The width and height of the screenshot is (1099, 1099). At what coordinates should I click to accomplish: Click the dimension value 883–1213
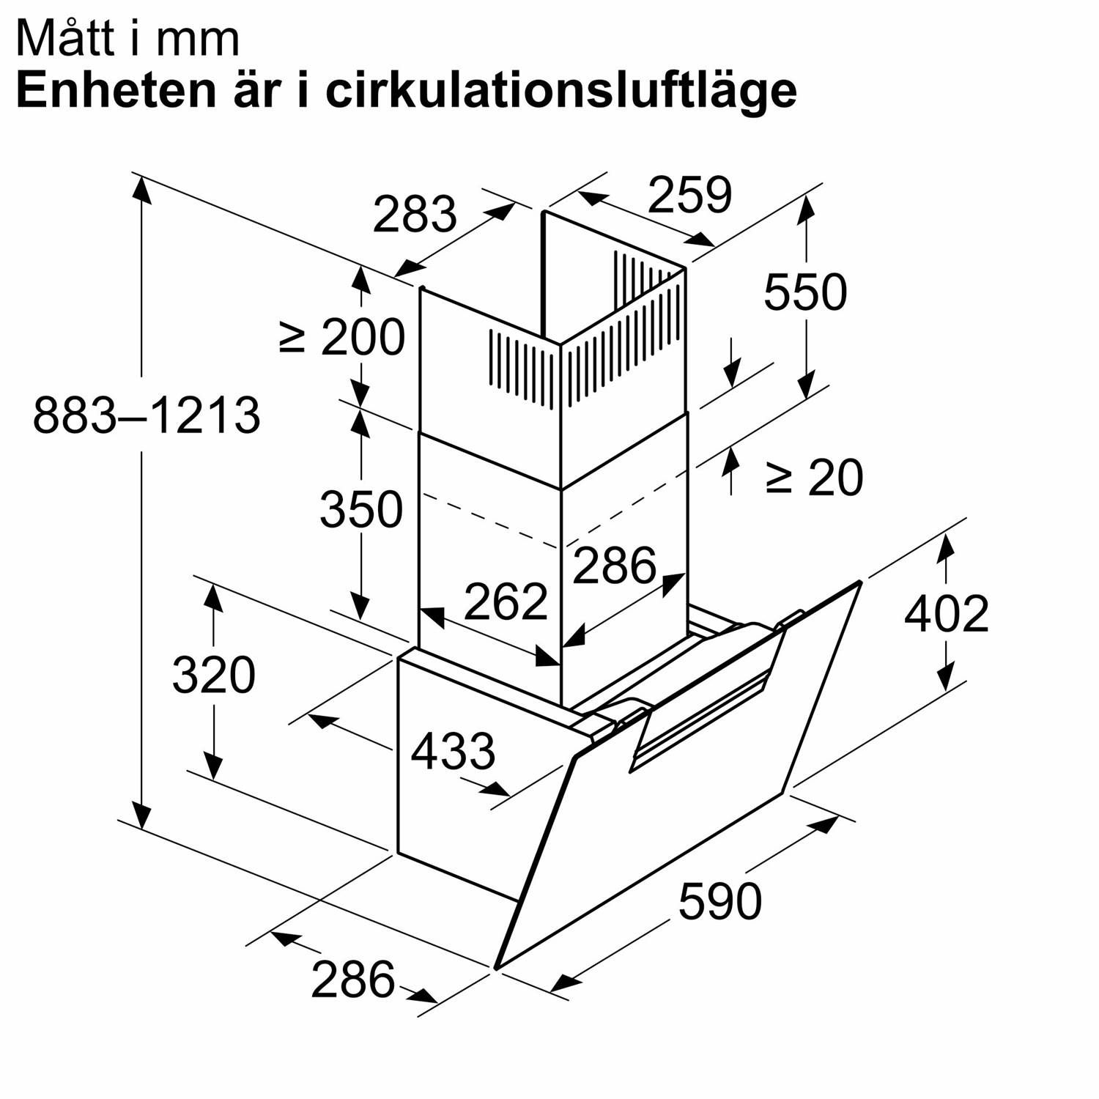[147, 415]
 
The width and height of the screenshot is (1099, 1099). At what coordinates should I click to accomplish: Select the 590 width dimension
[719, 901]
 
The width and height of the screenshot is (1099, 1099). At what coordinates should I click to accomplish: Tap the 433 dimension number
[453, 751]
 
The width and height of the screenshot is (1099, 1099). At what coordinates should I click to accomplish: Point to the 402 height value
[946, 613]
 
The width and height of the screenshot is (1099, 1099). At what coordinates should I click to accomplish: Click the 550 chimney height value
[805, 292]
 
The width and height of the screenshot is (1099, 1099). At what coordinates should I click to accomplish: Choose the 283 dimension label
[415, 214]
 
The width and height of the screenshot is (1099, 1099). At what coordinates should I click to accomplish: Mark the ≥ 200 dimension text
[342, 337]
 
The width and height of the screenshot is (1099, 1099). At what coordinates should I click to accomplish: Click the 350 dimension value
[361, 509]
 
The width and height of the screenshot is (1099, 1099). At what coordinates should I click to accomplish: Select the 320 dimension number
[213, 675]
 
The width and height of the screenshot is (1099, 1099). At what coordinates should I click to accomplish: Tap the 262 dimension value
[506, 602]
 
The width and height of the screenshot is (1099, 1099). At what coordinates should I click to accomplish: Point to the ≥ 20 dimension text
[815, 478]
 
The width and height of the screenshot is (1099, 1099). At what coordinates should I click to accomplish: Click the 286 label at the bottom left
[352, 980]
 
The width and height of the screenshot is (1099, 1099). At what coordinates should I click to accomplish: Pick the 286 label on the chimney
[614, 566]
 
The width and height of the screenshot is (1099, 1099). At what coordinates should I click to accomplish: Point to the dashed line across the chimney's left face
[490, 522]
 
